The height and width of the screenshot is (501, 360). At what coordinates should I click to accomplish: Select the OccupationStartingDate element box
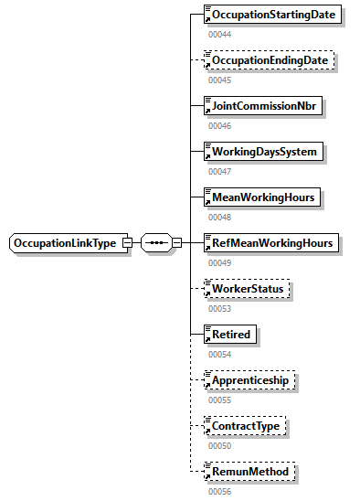pos(274,15)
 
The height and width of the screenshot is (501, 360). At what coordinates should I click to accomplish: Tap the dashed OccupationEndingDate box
pos(270,60)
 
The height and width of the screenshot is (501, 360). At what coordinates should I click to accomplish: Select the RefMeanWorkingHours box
pos(271,243)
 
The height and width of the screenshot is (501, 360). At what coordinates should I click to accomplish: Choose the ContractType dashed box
pos(245,426)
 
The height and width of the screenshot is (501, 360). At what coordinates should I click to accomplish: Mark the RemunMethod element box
pos(249,472)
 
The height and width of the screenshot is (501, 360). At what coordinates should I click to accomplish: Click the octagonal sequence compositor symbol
pos(157,243)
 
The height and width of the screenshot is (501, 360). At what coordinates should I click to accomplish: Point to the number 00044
pos(218,34)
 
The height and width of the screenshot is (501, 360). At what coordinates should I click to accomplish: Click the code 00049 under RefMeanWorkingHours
pos(218,262)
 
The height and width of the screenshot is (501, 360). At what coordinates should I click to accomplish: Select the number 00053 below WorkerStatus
pos(218,308)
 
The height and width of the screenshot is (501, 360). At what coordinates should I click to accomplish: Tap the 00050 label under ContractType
pos(218,445)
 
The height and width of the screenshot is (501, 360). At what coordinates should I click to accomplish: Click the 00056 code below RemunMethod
pos(218,491)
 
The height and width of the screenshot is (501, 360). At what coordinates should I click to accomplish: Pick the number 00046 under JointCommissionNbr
pos(218,125)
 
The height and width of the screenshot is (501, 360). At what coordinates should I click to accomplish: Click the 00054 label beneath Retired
pos(218,354)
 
